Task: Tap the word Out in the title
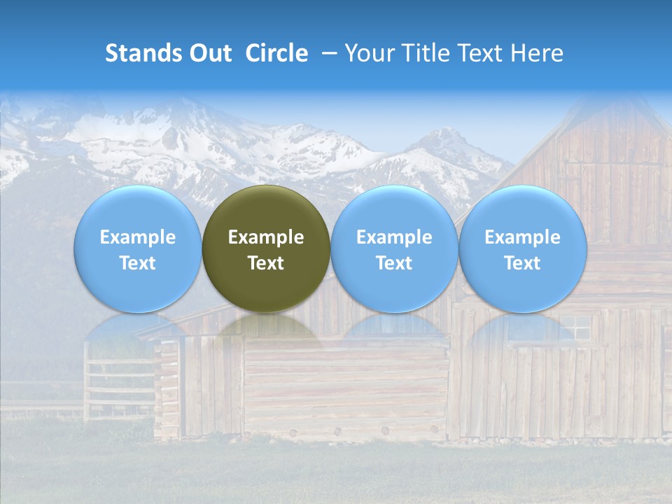pyautogui.click(x=208, y=53)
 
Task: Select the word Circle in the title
pyautogui.click(x=276, y=53)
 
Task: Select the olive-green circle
pyautogui.click(x=266, y=248)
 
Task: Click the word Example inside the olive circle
pyautogui.click(x=266, y=237)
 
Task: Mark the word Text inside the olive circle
pyautogui.click(x=266, y=263)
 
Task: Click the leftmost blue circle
pyautogui.click(x=137, y=248)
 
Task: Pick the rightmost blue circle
pyautogui.click(x=522, y=248)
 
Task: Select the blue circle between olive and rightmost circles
pyautogui.click(x=394, y=248)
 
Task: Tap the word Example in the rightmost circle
pyautogui.click(x=522, y=237)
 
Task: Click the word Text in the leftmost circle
pyautogui.click(x=137, y=263)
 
